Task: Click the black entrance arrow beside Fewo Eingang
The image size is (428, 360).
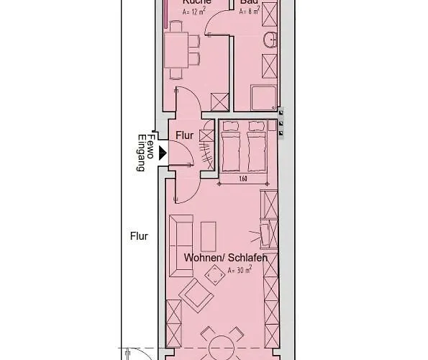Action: point(163,153)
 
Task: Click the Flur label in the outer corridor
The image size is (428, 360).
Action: point(139,235)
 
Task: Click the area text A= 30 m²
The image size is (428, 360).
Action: point(240,270)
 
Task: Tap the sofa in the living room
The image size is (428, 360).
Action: point(180,245)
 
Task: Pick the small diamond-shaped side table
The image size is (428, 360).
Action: point(215,274)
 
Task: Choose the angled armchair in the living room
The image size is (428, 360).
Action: point(196,295)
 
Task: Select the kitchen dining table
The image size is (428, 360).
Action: point(177,50)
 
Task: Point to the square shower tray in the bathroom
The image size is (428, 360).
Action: point(260,97)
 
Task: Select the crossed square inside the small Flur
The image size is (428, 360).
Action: point(207,134)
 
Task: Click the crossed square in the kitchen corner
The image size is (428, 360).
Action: point(219,102)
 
